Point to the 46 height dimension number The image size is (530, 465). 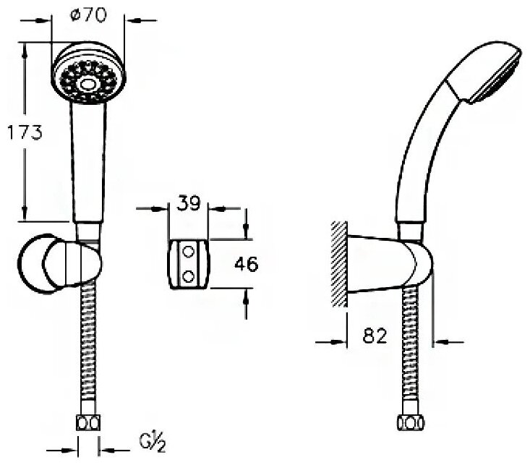(247, 265)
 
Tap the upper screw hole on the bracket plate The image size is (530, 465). (189, 252)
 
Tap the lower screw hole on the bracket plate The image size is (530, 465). (189, 275)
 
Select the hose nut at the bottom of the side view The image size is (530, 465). (405, 423)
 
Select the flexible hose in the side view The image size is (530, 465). (406, 347)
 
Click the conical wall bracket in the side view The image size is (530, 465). (376, 264)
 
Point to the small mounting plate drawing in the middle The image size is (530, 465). (189, 263)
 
